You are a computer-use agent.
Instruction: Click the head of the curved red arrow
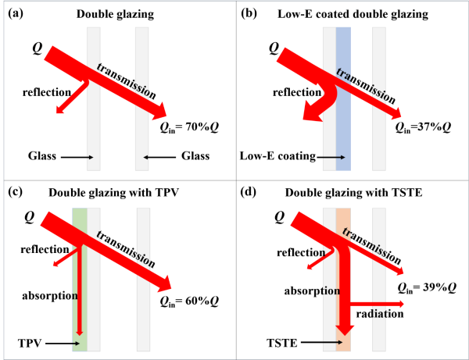312,115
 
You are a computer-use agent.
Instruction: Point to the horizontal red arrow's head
399,304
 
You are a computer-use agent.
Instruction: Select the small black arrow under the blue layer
334,158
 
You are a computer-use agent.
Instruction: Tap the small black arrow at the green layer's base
76,342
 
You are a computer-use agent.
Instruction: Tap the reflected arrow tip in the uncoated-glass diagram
59,111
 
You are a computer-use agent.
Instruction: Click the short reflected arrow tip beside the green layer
55,265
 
